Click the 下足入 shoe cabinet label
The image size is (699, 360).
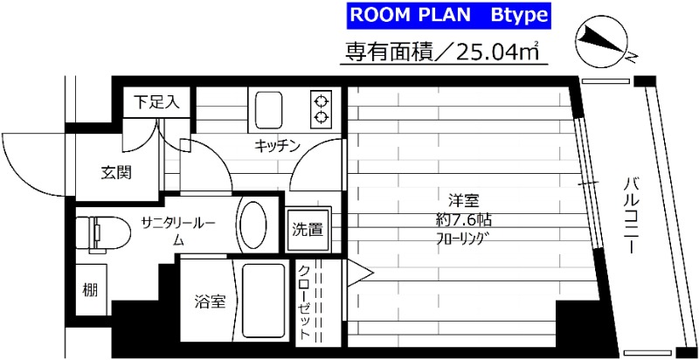click(x=156, y=101)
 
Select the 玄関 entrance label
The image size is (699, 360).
click(x=116, y=172)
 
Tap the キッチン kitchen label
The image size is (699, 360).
click(x=278, y=145)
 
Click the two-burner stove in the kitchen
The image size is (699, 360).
click(x=321, y=107)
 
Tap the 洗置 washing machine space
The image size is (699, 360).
click(x=308, y=231)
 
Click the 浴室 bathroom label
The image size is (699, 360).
click(x=210, y=302)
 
